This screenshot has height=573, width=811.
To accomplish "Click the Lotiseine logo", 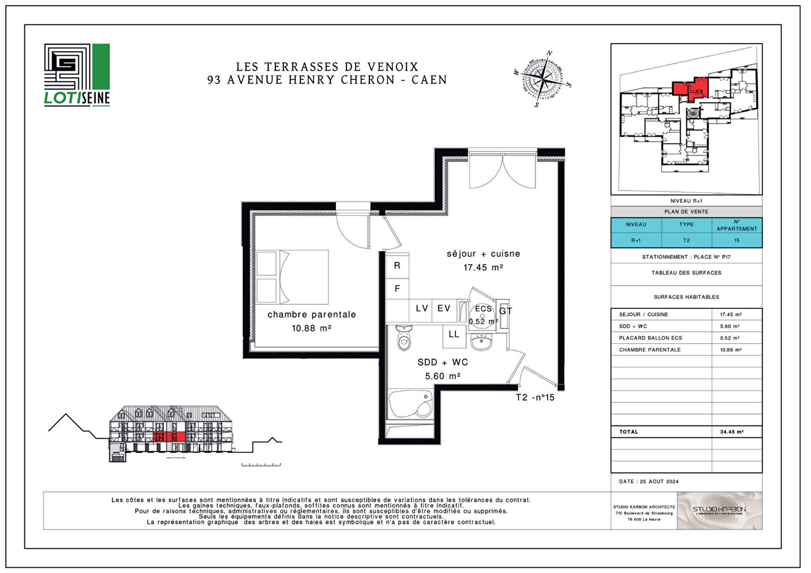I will coord(77,75).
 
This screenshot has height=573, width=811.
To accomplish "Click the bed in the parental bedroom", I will coord(292,276).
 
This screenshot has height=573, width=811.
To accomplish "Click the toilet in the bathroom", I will coord(404,338).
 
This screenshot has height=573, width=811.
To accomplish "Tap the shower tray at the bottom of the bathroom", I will coord(410,404).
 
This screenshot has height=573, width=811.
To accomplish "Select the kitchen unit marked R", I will coord(397,265).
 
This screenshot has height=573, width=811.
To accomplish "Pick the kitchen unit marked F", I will coord(397,289).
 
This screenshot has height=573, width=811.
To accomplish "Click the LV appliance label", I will coord(421,309).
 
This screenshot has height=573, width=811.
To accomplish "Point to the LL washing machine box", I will coord(454,334).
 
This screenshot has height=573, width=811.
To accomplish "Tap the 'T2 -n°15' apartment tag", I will coord(534,397).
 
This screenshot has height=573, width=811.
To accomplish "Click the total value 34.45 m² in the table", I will coord(731,432).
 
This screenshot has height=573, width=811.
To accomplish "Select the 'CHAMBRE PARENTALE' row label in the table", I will coord(650,350).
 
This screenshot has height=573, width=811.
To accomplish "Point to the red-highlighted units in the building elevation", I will coord(169,437).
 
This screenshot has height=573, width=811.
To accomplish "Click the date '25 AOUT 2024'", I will coord(659,482).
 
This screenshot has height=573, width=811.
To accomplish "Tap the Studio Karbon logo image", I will coord(719,510).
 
